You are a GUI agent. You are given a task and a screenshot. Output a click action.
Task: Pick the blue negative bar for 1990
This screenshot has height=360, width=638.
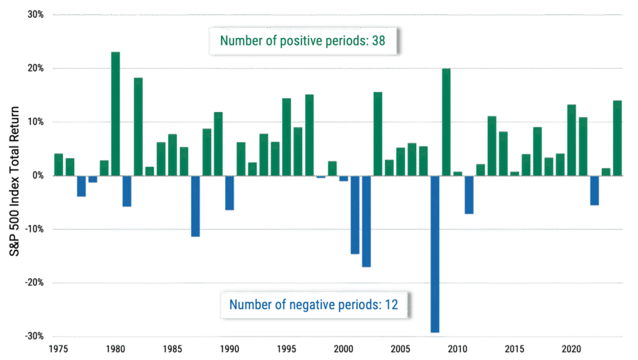click(229, 193)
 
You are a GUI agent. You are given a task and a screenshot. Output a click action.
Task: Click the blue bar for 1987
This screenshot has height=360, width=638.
click(195, 206)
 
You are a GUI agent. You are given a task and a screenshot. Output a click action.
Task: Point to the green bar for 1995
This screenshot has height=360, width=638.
click(287, 136)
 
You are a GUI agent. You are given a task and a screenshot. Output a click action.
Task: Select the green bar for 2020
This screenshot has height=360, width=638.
click(571, 140)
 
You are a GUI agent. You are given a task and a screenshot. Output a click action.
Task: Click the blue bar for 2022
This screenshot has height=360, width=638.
click(594, 191)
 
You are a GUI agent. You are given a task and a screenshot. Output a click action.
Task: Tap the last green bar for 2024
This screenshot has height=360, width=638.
click(617, 138)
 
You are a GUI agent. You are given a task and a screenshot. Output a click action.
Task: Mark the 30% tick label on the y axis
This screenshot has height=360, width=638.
click(35, 14)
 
